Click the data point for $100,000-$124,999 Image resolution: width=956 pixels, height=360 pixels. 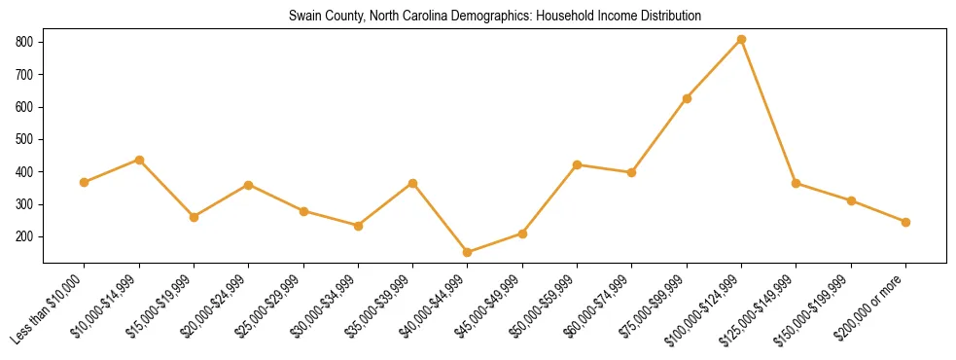tap(741, 39)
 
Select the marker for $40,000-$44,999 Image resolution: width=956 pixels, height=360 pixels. tap(468, 252)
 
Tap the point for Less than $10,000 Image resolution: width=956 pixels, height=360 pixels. tap(85, 182)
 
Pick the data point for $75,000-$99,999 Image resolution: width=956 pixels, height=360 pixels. tap(687, 98)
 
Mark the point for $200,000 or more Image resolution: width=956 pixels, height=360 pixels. tap(905, 222)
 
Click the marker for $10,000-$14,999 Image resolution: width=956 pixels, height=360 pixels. tap(139, 160)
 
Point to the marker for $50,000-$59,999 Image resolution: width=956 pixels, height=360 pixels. tap(578, 164)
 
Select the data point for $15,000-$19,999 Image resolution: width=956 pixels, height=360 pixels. tap(194, 217)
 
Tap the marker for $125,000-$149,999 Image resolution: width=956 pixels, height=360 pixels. tap(797, 183)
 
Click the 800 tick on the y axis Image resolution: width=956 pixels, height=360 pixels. tap(26, 42)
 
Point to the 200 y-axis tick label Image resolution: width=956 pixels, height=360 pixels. tap(26, 236)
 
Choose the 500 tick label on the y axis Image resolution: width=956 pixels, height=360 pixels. tap(26, 139)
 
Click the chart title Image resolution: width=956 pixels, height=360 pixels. tap(495, 17)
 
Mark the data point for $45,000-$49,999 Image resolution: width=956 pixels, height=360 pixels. tap(522, 234)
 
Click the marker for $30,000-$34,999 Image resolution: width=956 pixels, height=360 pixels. tap(358, 226)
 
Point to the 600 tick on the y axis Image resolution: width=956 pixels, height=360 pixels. tap(26, 107)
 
